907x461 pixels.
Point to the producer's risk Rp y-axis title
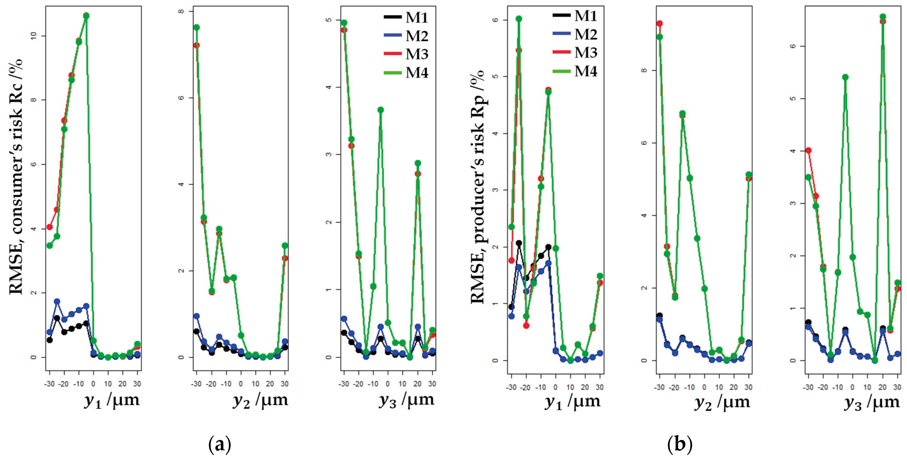tap(478, 187)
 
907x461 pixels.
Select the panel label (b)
tap(680, 444)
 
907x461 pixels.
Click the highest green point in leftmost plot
tap(86, 16)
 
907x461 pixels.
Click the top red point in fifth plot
tap(659, 24)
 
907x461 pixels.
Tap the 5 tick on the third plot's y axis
tap(329, 20)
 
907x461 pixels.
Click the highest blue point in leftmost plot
tap(57, 301)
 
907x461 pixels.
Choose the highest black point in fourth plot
tap(519, 243)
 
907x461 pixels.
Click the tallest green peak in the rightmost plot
tap(883, 17)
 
